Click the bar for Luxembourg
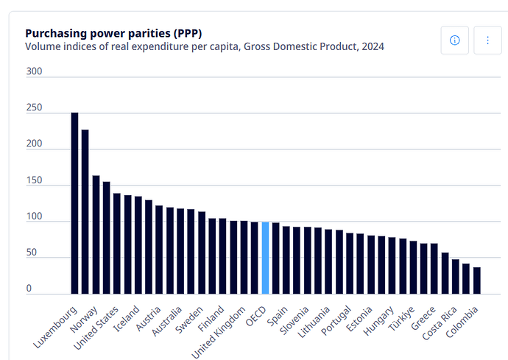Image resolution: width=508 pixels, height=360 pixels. [x=74, y=203]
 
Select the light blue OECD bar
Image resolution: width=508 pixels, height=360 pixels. [x=265, y=258]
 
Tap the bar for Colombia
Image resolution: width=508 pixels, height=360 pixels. [x=477, y=280]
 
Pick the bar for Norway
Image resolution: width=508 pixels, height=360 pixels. [x=85, y=212]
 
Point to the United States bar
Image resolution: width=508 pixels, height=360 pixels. [x=106, y=238]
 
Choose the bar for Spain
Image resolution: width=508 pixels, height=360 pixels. [x=286, y=260]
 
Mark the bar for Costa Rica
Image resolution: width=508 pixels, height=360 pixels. [x=456, y=276]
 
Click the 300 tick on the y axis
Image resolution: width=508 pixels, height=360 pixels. [x=34, y=71]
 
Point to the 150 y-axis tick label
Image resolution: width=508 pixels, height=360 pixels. [x=34, y=180]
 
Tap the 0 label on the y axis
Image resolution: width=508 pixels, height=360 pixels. [x=29, y=289]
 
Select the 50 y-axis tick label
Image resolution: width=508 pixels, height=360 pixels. [x=32, y=252]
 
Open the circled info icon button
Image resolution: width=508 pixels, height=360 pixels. [x=454, y=40]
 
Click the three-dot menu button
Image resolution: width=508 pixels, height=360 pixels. [x=487, y=40]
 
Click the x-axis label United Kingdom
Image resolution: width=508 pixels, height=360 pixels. [x=219, y=333]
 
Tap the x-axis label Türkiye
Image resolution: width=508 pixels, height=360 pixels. [x=401, y=319]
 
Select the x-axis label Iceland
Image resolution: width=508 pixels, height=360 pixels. [x=126, y=319]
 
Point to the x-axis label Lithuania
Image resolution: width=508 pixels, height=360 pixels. [x=314, y=322]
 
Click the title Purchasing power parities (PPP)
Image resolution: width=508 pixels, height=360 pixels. [x=113, y=33]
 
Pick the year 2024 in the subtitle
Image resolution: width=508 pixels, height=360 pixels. [x=373, y=46]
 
